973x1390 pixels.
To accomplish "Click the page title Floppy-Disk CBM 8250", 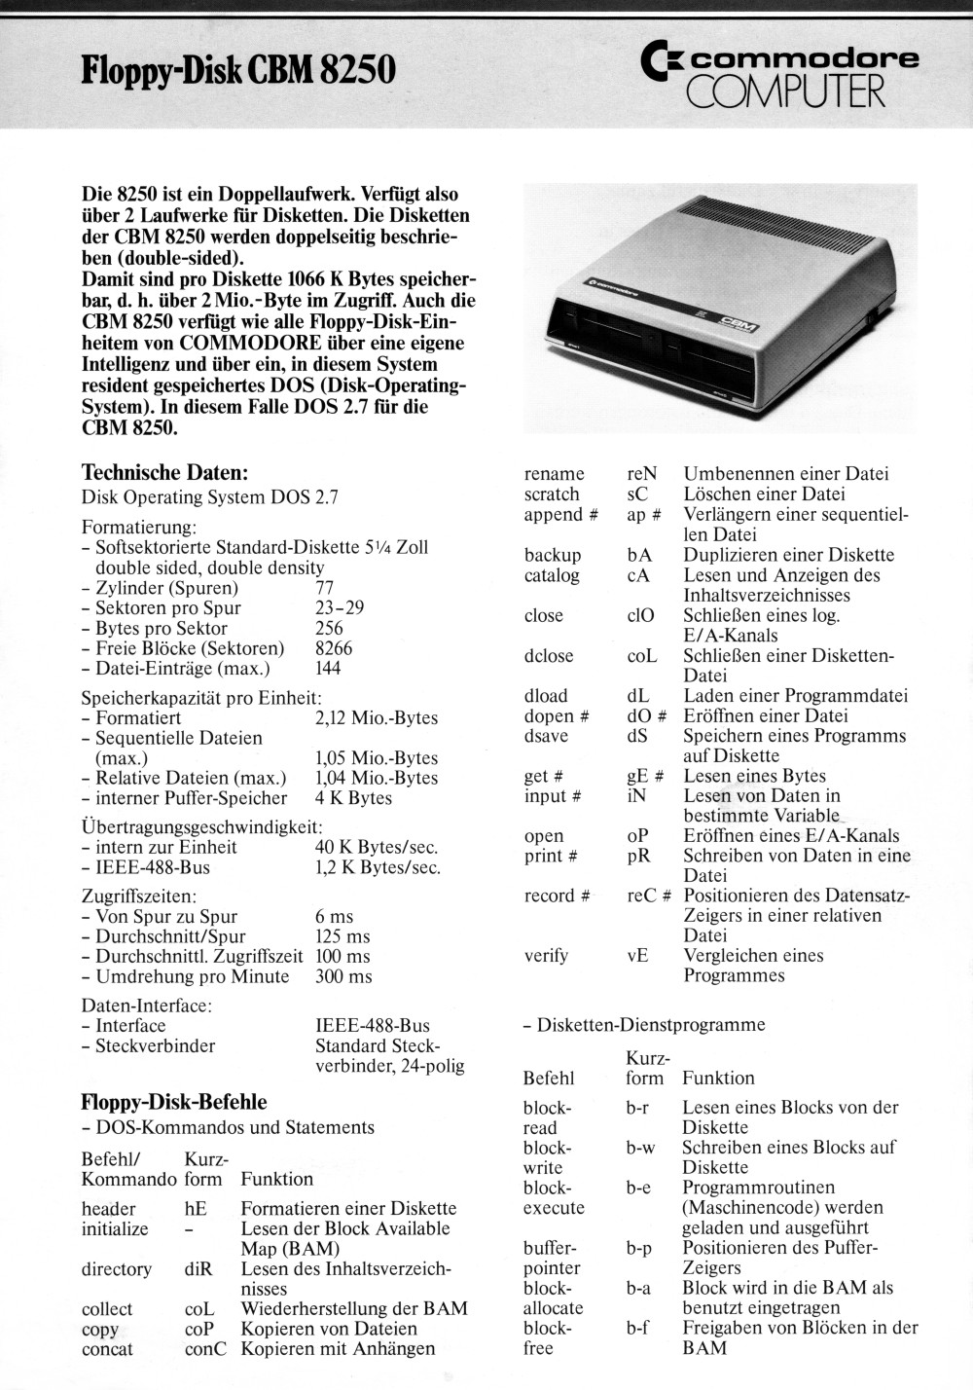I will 238,70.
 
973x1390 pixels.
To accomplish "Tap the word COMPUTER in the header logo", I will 785,92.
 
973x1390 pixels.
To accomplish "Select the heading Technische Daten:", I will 165,473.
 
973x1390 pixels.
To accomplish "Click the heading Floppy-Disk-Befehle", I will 174,1102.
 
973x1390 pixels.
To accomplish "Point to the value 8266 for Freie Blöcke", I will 334,648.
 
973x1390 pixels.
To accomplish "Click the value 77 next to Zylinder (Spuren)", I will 325,588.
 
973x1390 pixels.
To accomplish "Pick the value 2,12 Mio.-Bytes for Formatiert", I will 377,718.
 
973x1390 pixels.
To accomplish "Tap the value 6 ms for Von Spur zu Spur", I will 334,917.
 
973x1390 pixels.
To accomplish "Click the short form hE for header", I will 196,1209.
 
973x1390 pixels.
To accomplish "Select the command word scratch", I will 552,494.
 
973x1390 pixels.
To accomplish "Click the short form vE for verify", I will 637,956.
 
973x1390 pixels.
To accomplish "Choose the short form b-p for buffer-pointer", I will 639,1248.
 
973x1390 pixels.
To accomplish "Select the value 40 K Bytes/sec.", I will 377,848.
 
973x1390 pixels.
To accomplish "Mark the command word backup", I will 553,555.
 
